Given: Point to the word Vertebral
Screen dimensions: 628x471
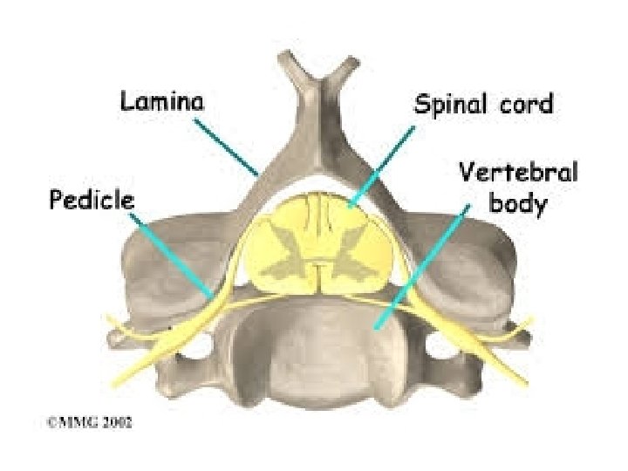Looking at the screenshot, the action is point(517,173).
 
